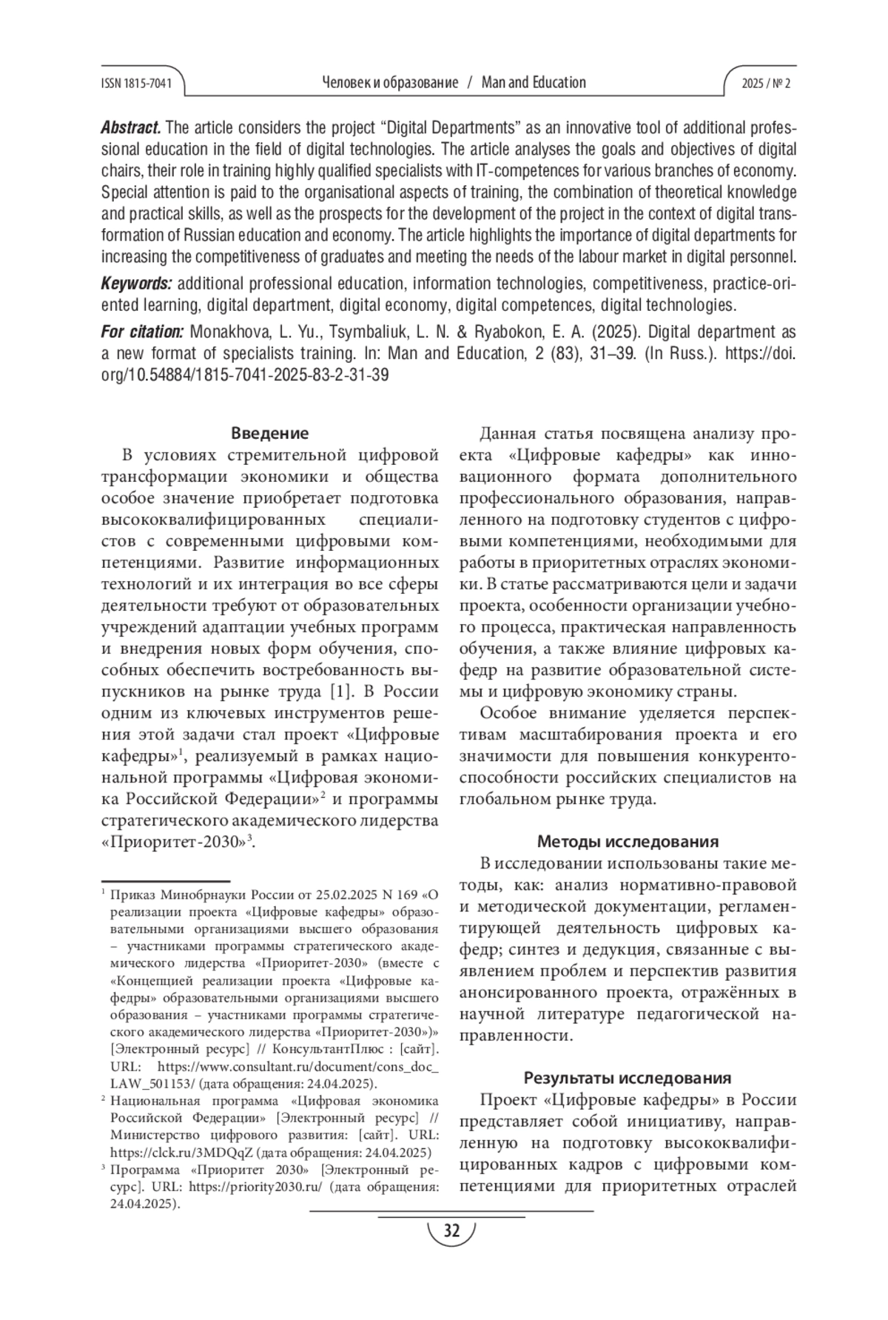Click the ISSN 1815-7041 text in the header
click(x=135, y=83)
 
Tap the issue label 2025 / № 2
click(x=766, y=83)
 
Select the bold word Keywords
click(x=136, y=284)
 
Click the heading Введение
click(x=269, y=433)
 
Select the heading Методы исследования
click(x=628, y=842)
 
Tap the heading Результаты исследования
click(x=628, y=1078)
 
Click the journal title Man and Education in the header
click(x=534, y=83)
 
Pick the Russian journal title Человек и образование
click(x=390, y=83)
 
